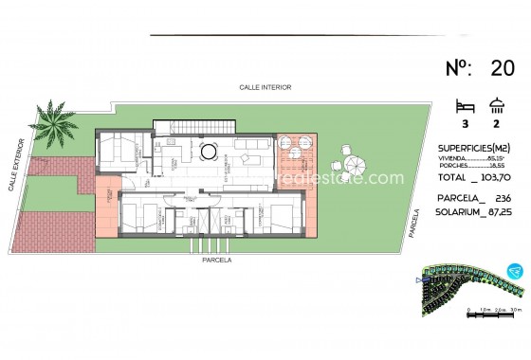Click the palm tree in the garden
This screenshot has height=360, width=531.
[55, 122]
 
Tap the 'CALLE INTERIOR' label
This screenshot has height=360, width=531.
[265, 87]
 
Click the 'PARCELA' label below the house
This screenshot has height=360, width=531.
[216, 259]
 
